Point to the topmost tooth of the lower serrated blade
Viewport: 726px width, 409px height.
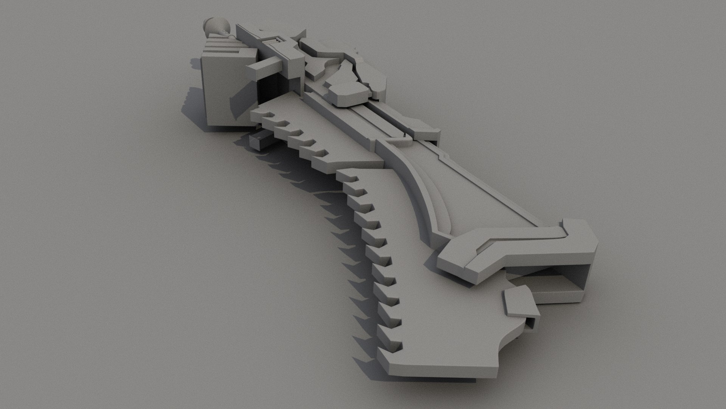click(x=350, y=178)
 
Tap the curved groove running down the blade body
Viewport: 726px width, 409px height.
click(x=423, y=197)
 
